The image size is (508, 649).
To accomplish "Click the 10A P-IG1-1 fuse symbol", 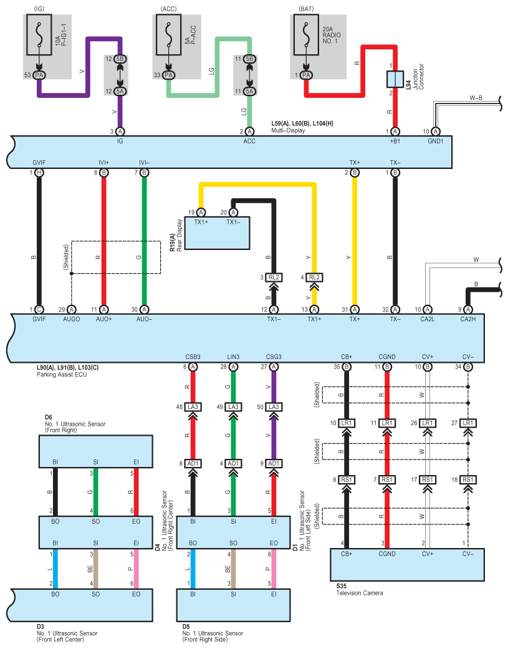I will pyautogui.click(x=39, y=41).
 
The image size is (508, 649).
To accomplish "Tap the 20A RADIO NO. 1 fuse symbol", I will pyautogui.click(x=305, y=41).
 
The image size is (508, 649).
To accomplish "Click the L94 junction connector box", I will pyautogui.click(x=393, y=79).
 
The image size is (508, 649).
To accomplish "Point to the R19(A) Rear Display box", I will pyautogui.click(x=216, y=234).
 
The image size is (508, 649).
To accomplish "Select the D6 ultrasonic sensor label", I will pyautogui.click(x=49, y=416).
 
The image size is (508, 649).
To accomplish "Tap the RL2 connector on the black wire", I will pyautogui.click(x=273, y=277).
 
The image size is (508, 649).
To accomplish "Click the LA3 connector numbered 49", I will pyautogui.click(x=232, y=406).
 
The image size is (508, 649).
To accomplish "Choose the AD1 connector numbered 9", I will pyautogui.click(x=273, y=463).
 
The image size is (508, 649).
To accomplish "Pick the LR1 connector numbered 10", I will pyautogui.click(x=347, y=423).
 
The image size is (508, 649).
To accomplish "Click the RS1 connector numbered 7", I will pyautogui.click(x=387, y=479).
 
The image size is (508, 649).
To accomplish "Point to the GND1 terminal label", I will pyautogui.click(x=435, y=142).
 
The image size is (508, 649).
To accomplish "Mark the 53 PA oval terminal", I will pyautogui.click(x=39, y=75).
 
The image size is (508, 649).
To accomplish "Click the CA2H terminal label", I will pyautogui.click(x=467, y=319).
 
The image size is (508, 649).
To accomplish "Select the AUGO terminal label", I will pyautogui.click(x=71, y=319).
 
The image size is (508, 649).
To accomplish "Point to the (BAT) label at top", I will pyautogui.click(x=306, y=9).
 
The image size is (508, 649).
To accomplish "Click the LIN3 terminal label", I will pyautogui.click(x=232, y=357).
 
